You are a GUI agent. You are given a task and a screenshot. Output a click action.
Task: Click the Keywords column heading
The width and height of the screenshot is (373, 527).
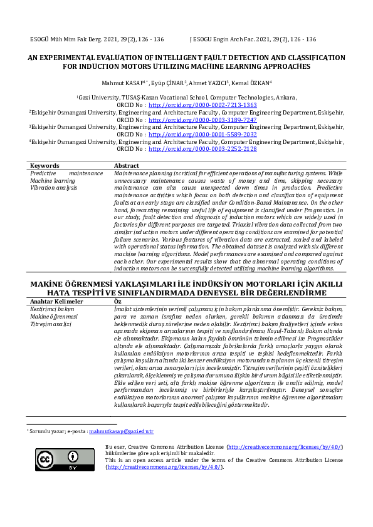[x=45, y=166]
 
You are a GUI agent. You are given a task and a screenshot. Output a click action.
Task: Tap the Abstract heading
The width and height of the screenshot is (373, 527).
[x=127, y=166]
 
